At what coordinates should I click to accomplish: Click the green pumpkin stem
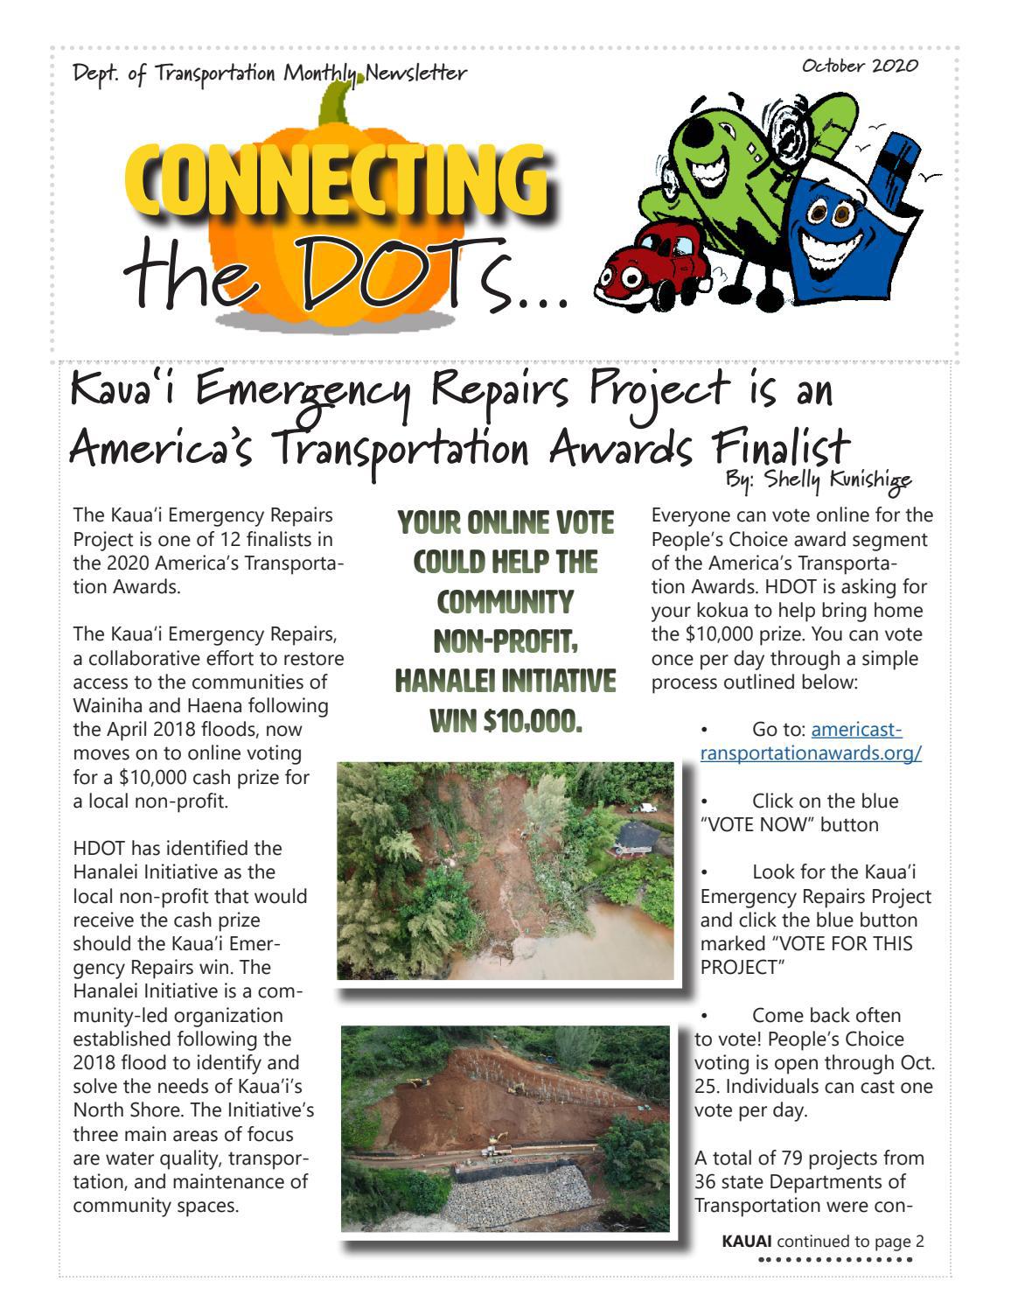pos(335,101)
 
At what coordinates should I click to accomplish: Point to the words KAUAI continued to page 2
pos(822,1241)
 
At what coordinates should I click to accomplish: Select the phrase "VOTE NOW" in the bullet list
pos(749,824)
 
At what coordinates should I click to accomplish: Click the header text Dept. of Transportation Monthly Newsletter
pos(269,73)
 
